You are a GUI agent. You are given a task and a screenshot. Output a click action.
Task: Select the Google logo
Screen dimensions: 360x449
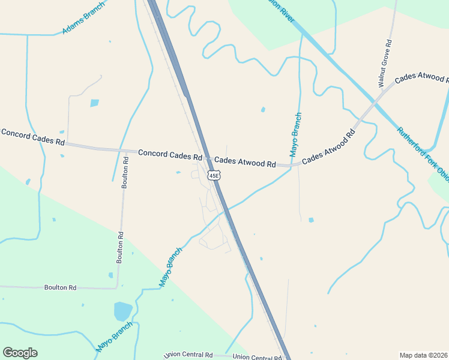coord(20,352)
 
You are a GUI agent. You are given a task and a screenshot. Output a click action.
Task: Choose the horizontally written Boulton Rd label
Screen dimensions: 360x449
coord(60,288)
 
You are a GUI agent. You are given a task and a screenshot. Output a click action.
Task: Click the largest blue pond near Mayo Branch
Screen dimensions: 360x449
coord(122,311)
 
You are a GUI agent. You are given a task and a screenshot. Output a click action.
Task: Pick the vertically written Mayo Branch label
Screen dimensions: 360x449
coord(295,135)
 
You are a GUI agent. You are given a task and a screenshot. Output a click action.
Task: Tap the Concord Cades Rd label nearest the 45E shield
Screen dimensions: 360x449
coord(170,155)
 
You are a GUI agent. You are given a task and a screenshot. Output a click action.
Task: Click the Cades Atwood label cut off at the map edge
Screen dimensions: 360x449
coord(421,79)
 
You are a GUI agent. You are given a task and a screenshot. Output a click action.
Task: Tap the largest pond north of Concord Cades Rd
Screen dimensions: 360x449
coord(94,103)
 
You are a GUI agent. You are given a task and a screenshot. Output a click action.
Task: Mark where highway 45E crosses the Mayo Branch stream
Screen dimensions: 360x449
coord(226,209)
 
